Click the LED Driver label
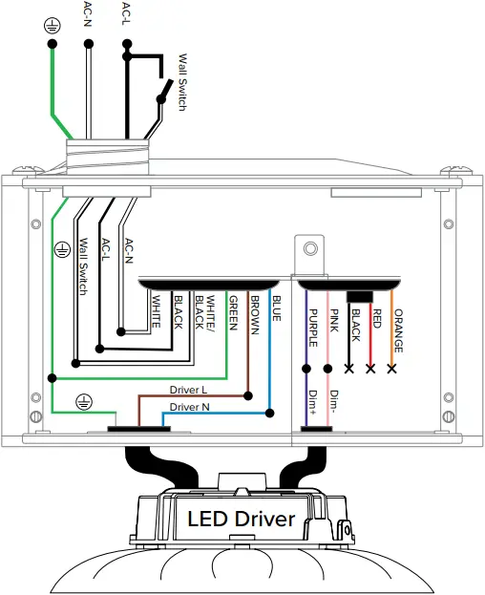[242, 519]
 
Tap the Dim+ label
[313, 402]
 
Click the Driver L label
[188, 390]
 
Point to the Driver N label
[189, 407]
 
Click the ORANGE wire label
[398, 330]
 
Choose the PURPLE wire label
[313, 328]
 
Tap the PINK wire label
[334, 321]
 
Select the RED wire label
[376, 318]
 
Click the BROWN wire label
[255, 315]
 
